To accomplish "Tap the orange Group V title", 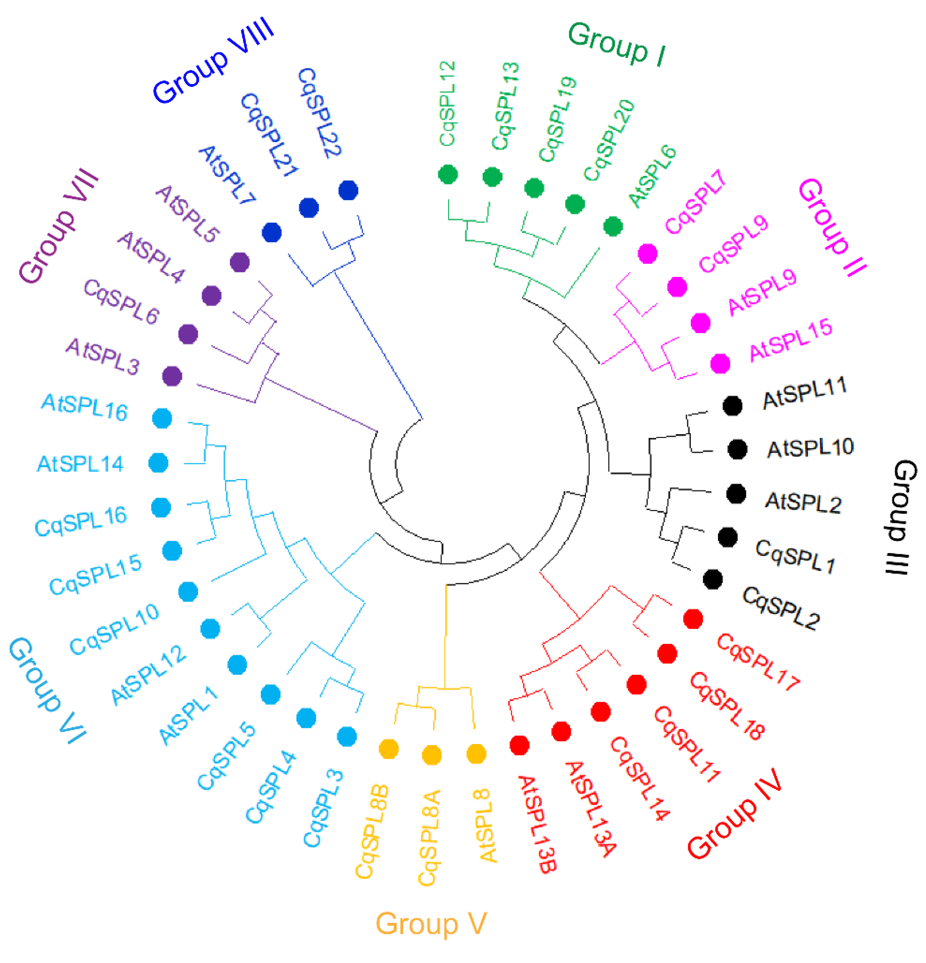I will (431, 924).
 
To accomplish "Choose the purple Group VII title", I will (59, 226).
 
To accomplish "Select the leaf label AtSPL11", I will (804, 393).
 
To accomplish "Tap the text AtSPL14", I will (80, 464).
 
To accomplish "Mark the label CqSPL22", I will (319, 113).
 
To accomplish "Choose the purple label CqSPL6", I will (121, 302).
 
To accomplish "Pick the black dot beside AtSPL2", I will (736, 494).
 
